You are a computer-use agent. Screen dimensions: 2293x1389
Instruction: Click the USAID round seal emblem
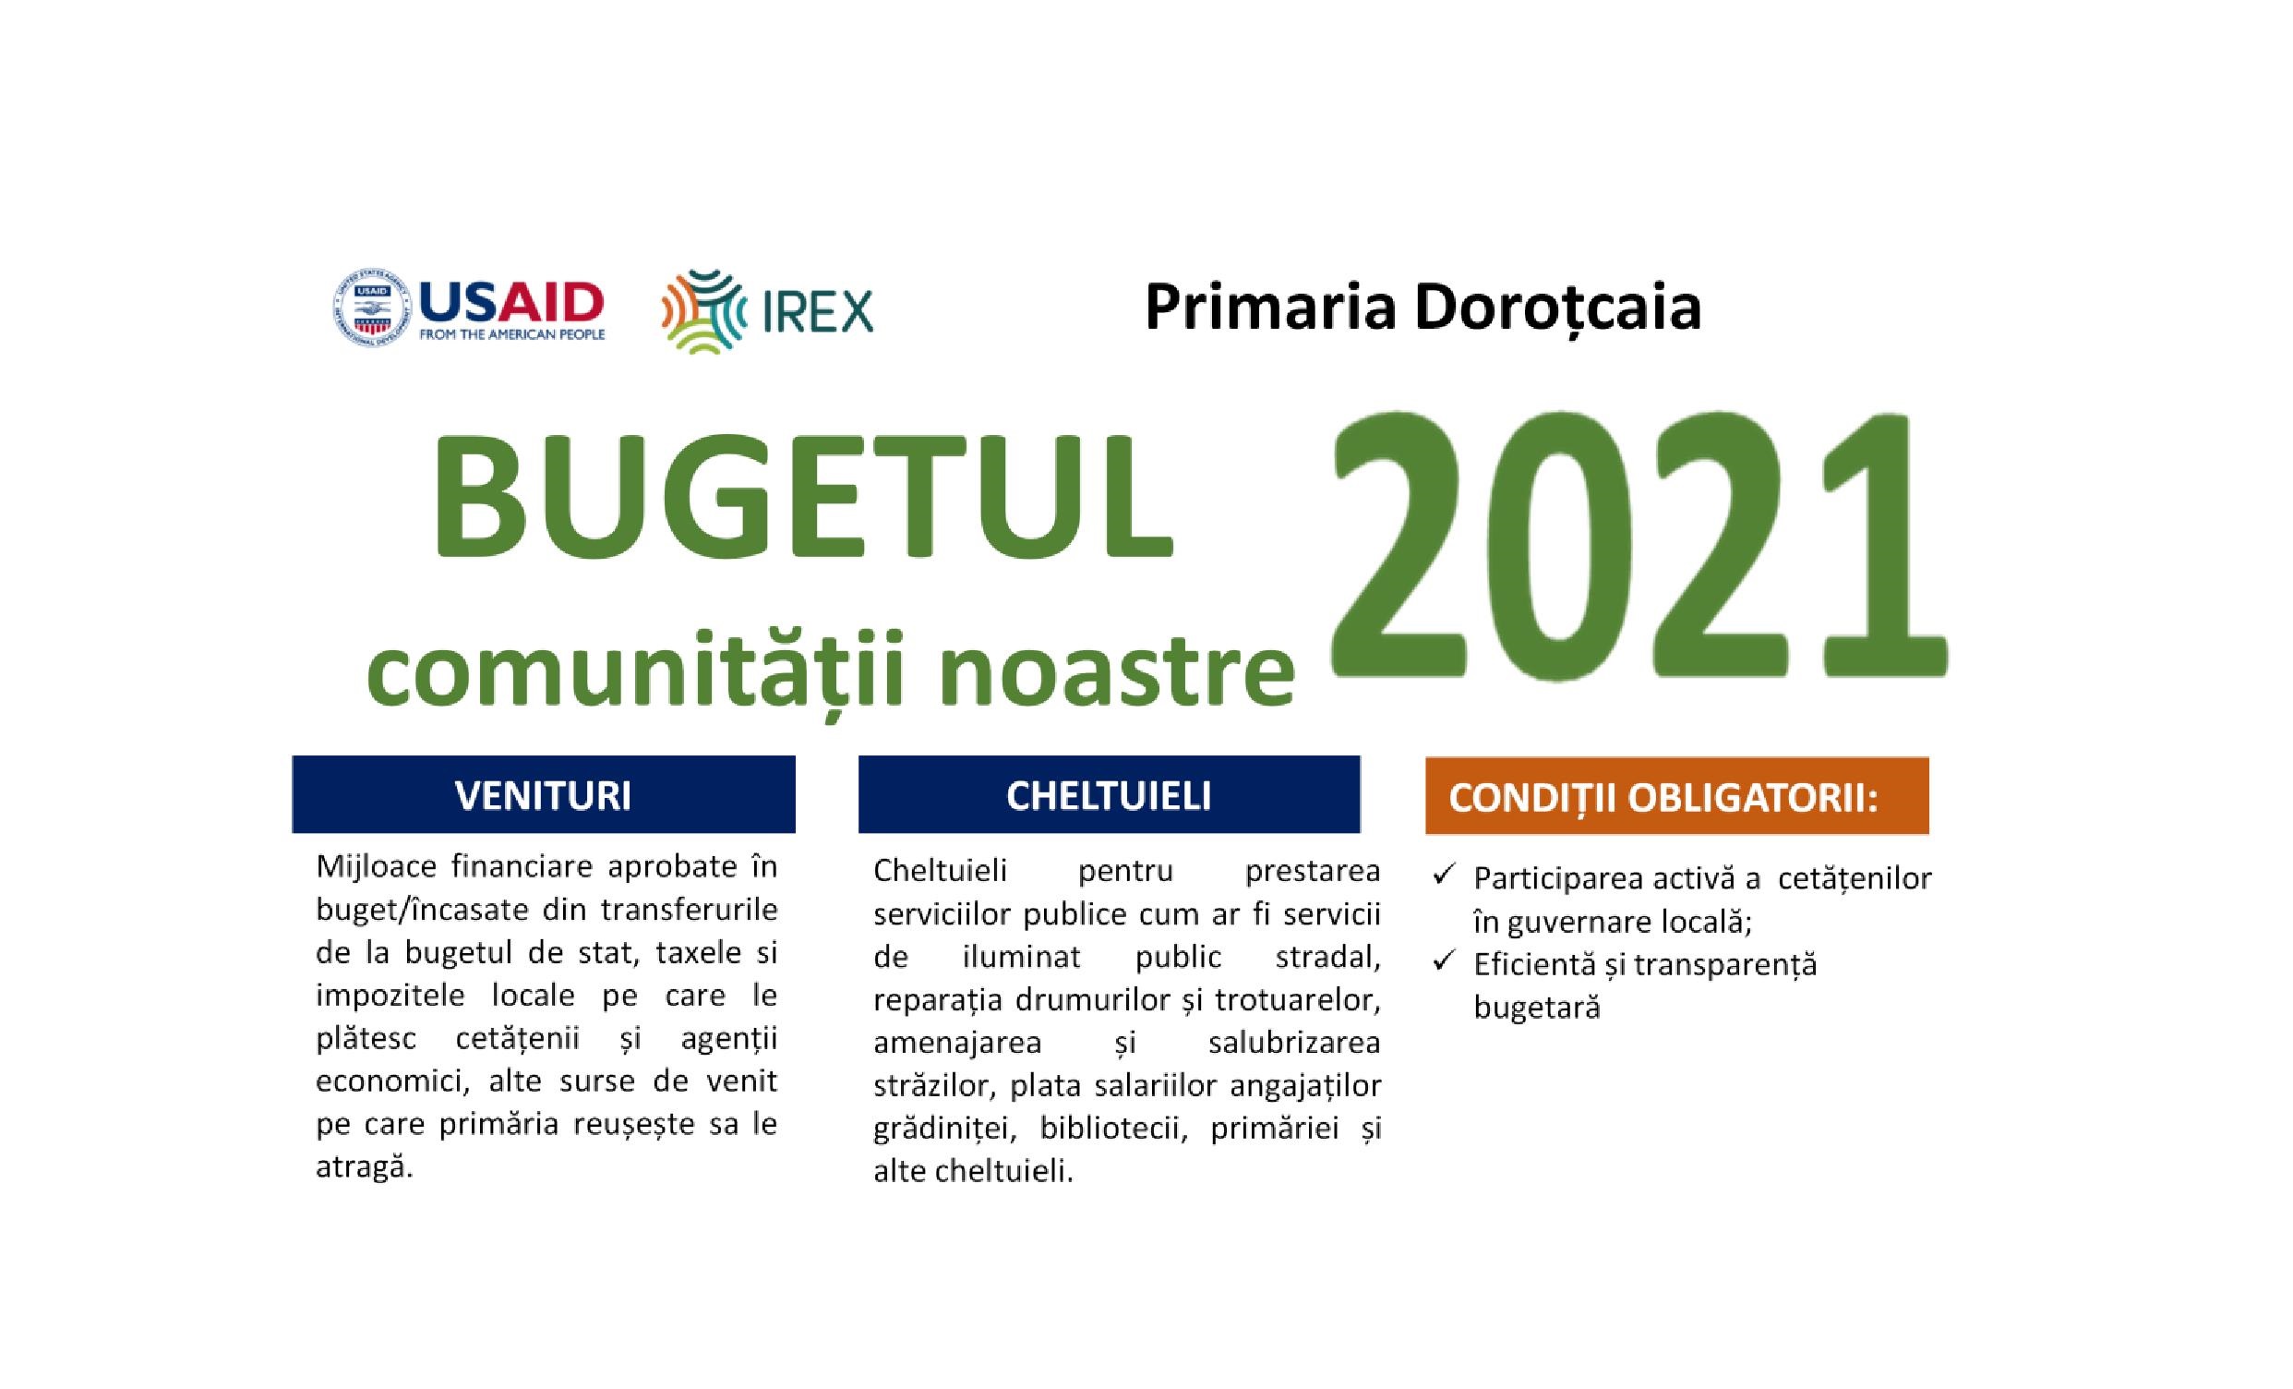tap(370, 308)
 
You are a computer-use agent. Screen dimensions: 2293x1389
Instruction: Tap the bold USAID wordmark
tap(511, 302)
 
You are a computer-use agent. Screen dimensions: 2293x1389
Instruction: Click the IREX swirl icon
tap(702, 311)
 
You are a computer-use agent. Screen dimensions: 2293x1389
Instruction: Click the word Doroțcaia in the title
tap(1558, 308)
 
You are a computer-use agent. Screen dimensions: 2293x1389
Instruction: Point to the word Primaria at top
tap(1270, 308)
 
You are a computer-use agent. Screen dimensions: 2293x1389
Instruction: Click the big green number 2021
tap(1638, 543)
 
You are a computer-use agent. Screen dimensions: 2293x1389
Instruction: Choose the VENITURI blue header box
tap(544, 794)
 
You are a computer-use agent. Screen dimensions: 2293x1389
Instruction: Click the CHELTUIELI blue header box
tap(1110, 794)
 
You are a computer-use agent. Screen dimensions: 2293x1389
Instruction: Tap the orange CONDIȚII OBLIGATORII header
tap(1677, 796)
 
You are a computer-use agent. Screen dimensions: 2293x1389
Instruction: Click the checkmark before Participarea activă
tap(1444, 875)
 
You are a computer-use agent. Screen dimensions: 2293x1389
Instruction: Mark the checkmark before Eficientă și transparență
tap(1444, 960)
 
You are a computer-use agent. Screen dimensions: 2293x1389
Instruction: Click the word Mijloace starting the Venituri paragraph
tap(378, 867)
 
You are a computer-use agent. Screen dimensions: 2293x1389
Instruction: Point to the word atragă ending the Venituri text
tap(364, 1167)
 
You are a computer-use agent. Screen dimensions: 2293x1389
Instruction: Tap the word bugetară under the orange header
tap(1536, 1008)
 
